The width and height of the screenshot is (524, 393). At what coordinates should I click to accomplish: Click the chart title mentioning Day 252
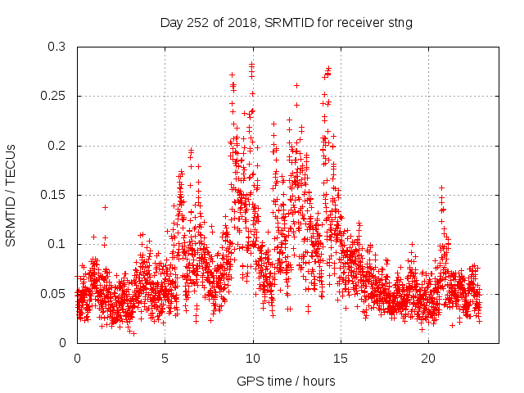[x=286, y=23]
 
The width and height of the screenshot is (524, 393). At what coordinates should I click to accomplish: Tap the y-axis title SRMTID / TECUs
[x=11, y=195]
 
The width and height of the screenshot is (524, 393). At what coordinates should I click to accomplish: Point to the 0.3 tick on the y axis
[x=56, y=47]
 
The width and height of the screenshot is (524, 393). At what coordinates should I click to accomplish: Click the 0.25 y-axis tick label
[x=52, y=97]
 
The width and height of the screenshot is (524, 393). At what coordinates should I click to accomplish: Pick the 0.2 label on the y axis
[x=56, y=146]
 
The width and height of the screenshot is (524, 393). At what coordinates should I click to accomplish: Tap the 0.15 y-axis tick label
[x=52, y=195]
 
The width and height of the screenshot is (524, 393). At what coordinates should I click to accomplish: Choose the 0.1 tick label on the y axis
[x=56, y=244]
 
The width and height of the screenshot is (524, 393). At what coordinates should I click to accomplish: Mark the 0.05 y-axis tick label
[x=52, y=293]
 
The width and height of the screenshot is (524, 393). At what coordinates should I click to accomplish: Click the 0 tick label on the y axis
[x=63, y=342]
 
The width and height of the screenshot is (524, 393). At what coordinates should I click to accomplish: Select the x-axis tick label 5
[x=165, y=359]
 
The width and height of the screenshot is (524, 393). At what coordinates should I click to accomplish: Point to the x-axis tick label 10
[x=253, y=359]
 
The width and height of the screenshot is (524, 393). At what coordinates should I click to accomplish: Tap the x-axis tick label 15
[x=341, y=359]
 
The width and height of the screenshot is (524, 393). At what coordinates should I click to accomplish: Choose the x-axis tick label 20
[x=429, y=359]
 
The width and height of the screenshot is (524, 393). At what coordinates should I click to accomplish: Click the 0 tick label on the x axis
[x=77, y=359]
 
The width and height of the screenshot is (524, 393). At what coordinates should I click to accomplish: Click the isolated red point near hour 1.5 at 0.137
[x=105, y=207]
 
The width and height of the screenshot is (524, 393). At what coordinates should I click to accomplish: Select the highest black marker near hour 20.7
[x=441, y=188]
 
